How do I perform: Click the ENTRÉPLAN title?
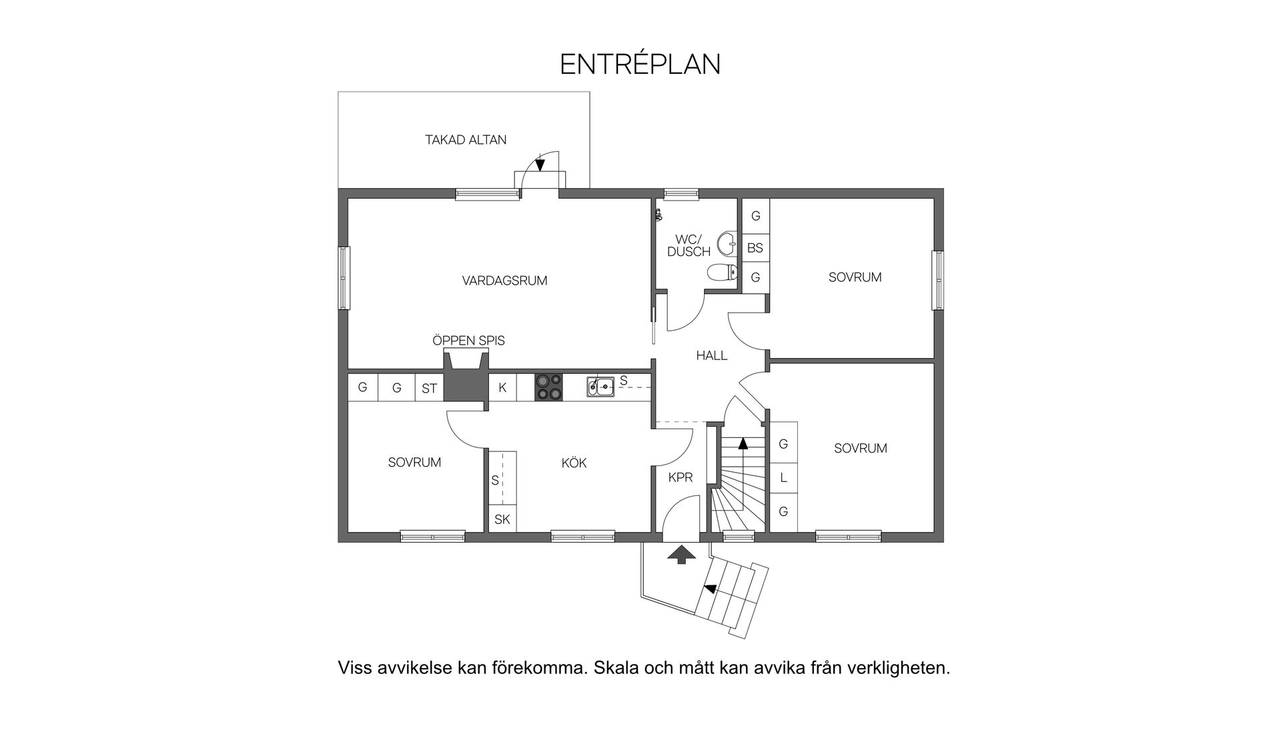click(640, 64)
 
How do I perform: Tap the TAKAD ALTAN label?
click(466, 140)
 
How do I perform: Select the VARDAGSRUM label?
click(504, 281)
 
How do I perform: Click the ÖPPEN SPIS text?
click(468, 341)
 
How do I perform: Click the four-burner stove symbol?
click(548, 387)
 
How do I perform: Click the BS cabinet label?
click(755, 248)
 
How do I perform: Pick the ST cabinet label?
click(429, 388)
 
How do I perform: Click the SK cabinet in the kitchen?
click(502, 519)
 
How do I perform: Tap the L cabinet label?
click(783, 478)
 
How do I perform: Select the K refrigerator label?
click(502, 387)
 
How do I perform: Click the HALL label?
click(711, 355)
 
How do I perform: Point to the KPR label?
click(681, 477)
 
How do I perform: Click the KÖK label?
click(574, 463)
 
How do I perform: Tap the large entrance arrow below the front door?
click(681, 555)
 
